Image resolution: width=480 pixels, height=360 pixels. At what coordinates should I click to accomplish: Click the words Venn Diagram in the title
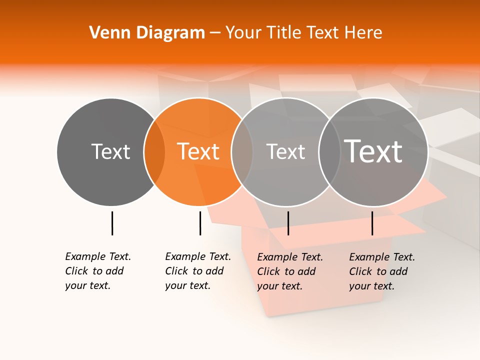coord(147,32)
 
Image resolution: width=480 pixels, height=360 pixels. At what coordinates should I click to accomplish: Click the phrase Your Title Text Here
coord(304,32)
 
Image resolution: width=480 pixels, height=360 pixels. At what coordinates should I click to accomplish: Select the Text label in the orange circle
coord(198,151)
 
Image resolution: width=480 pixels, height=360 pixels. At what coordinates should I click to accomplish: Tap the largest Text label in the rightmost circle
coord(373,151)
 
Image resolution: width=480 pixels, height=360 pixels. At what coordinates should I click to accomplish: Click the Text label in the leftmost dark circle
coord(110,151)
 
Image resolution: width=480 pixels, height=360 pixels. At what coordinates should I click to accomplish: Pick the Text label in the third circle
coord(285,151)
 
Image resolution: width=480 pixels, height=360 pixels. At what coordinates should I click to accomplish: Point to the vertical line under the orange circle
coord(200,223)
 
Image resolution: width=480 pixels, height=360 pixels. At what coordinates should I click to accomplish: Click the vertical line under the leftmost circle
coord(112,223)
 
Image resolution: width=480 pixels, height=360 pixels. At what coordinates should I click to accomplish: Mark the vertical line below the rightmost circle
coord(372,223)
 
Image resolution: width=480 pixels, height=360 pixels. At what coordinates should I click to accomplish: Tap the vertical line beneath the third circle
coord(288,223)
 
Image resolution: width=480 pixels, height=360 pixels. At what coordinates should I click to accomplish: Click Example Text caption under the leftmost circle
coord(98,271)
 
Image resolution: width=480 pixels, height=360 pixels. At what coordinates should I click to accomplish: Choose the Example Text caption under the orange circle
coord(198,271)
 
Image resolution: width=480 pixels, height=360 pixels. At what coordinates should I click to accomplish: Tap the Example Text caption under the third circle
coord(290,271)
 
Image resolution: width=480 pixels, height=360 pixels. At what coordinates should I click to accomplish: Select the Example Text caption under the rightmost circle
coord(382,271)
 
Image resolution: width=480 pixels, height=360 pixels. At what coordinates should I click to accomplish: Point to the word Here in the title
coord(366,32)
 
